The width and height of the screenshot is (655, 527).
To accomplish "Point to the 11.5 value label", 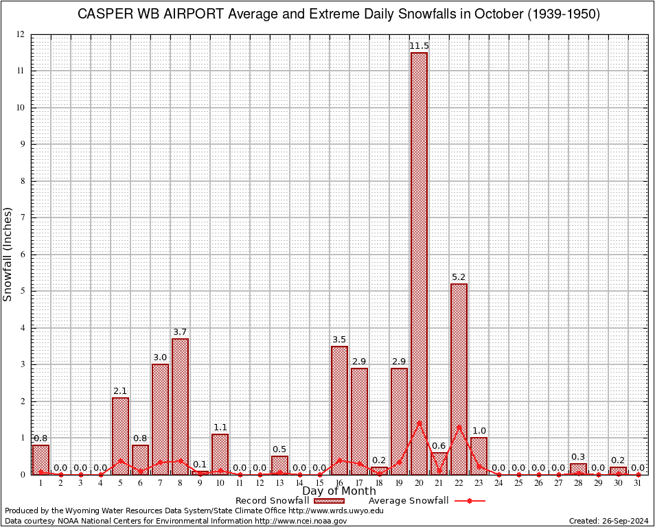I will coord(419,46).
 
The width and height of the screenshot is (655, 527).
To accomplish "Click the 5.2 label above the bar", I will coord(459,277).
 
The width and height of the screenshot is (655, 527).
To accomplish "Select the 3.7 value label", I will coord(180,332).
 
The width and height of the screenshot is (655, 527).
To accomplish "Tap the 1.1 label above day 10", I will coord(220,428).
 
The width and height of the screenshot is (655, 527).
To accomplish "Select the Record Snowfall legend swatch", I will coord(328,500).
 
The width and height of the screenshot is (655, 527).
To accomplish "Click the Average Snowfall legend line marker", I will coord(470,500).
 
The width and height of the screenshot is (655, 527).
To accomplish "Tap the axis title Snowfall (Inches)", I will coord(8,254).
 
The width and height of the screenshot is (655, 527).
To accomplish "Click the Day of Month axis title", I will coord(339,491).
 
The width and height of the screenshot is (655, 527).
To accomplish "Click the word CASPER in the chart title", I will coord(104,14).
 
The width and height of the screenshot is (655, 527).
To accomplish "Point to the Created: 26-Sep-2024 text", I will coord(608,521).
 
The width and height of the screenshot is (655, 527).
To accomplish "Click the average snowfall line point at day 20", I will coord(419,423).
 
